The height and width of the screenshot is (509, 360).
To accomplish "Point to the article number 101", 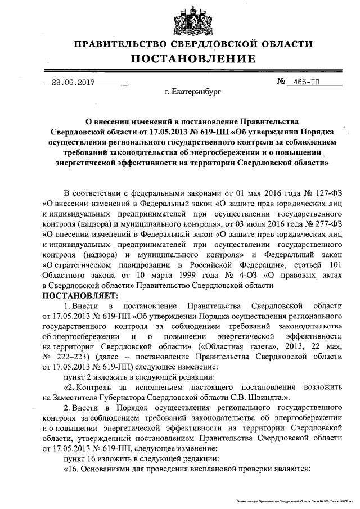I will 334,265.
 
